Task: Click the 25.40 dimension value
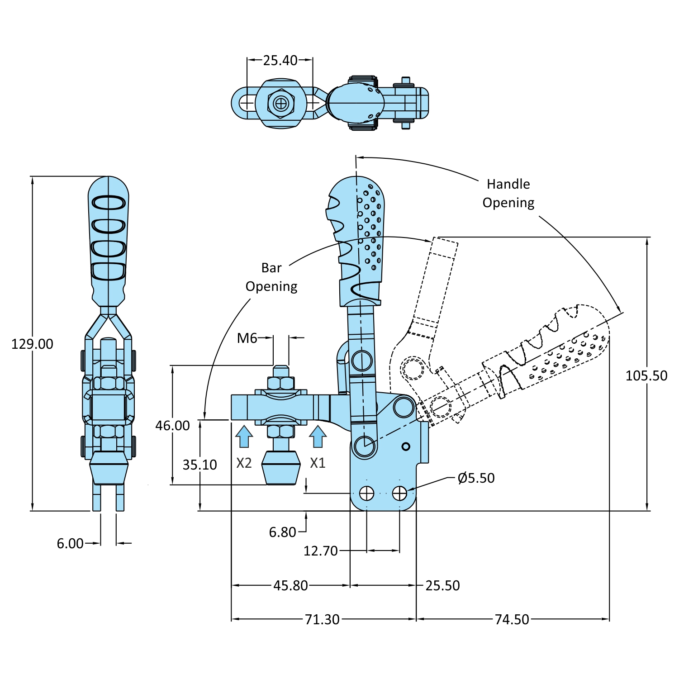pyautogui.click(x=280, y=60)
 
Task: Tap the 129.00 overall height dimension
pyautogui.click(x=32, y=344)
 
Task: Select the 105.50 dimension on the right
pyautogui.click(x=646, y=375)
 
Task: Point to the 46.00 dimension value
pyautogui.click(x=172, y=426)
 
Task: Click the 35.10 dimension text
pyautogui.click(x=199, y=465)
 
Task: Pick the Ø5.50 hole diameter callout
pyautogui.click(x=476, y=478)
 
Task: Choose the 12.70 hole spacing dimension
pyautogui.click(x=320, y=551)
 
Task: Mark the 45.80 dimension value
pyautogui.click(x=290, y=586)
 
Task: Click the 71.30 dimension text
pyautogui.click(x=322, y=619)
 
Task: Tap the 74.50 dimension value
pyautogui.click(x=512, y=619)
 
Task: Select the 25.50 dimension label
pyautogui.click(x=442, y=586)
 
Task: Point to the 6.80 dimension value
pyautogui.click(x=282, y=532)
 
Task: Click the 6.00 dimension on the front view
pyautogui.click(x=70, y=543)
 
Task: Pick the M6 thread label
pyautogui.click(x=247, y=338)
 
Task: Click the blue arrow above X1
pyautogui.click(x=318, y=437)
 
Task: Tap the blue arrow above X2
pyautogui.click(x=244, y=437)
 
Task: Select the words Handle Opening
pyautogui.click(x=508, y=194)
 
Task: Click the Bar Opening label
pyautogui.click(x=271, y=277)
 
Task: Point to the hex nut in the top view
pyautogui.click(x=281, y=104)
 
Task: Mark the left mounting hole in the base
pyautogui.click(x=366, y=493)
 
